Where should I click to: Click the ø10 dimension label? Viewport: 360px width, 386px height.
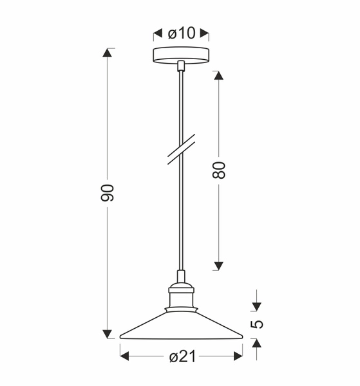coord(181,33)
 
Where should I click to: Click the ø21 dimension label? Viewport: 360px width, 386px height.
coord(181,356)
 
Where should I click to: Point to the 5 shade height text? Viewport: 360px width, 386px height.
coord(257,324)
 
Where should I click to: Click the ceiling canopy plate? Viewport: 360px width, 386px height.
coord(181,55)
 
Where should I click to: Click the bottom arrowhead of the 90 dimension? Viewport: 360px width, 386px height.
coord(108,333)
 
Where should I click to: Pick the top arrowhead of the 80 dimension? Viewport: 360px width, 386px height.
coord(218,75)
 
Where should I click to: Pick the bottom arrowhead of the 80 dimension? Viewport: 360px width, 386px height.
coord(218,265)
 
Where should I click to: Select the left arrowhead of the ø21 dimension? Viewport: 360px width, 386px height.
coord(125,356)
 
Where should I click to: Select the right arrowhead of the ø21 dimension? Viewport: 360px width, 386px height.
coord(238,356)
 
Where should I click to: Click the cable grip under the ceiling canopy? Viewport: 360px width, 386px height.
coord(181,65)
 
